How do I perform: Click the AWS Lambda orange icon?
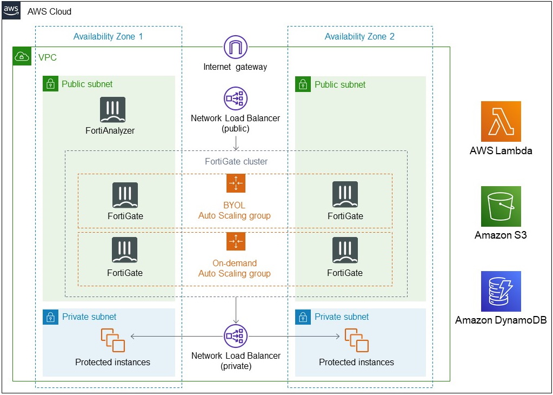(x=501, y=121)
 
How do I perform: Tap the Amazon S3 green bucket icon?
(x=501, y=206)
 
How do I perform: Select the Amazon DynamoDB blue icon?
(x=501, y=291)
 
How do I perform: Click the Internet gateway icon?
(x=235, y=47)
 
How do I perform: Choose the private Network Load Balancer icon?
(x=235, y=336)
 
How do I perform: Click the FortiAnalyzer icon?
(x=112, y=110)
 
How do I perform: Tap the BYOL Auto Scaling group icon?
(x=236, y=183)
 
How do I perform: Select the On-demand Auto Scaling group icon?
(x=236, y=241)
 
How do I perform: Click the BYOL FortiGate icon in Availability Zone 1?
(x=125, y=195)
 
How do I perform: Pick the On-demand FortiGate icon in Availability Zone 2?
(x=345, y=251)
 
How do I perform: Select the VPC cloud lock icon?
(x=22, y=57)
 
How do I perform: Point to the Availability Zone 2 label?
(x=359, y=37)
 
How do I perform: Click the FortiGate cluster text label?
(x=236, y=161)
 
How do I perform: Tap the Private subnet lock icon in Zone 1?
(x=50, y=317)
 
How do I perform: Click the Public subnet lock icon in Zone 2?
(x=303, y=84)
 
